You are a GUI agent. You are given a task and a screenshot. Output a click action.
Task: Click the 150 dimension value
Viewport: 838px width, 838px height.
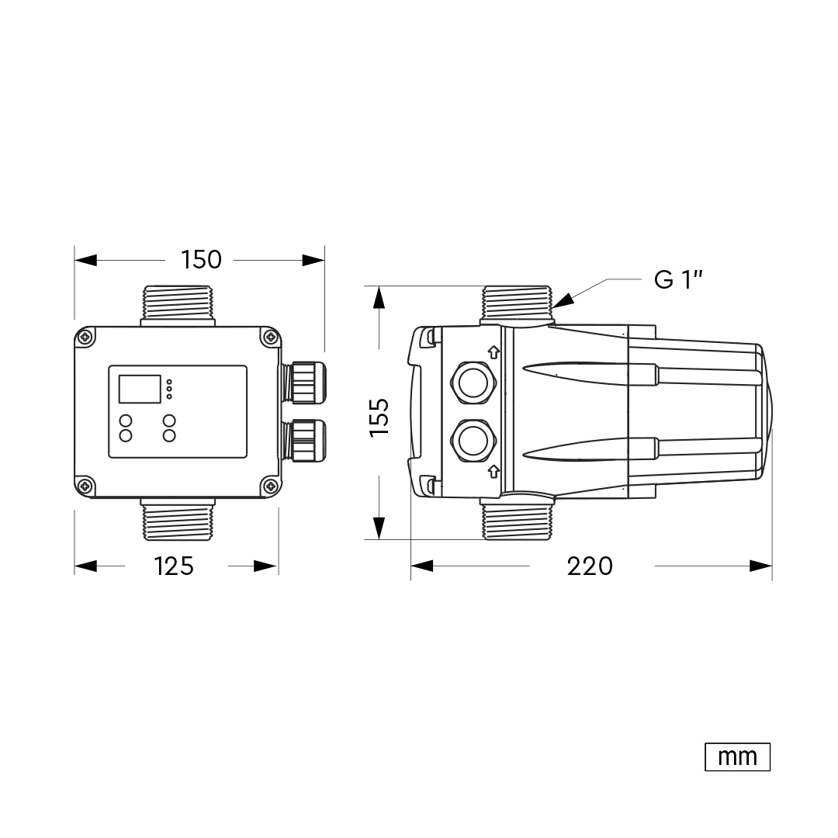coord(201,260)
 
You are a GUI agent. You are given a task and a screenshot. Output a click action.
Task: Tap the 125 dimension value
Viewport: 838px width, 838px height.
coord(174,566)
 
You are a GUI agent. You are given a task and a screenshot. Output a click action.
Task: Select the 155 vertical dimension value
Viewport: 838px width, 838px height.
coord(379,417)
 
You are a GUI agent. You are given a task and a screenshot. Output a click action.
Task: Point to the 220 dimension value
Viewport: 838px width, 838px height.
coord(590,566)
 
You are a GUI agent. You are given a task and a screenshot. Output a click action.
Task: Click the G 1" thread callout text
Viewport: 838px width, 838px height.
coord(678,279)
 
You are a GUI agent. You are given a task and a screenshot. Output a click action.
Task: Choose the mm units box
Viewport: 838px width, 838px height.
coord(738,757)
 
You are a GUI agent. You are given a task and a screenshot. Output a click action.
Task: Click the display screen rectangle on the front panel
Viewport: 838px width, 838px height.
coord(140,389)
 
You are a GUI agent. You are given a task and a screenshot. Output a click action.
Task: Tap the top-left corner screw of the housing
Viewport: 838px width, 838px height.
coord(85,338)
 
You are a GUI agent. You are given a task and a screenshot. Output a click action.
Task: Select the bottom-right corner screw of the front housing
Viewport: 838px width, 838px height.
coord(271,486)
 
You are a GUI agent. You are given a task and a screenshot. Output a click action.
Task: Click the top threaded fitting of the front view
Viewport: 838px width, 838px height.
coord(178,306)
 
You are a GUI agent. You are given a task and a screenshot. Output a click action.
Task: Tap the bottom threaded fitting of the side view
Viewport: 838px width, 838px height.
coord(517,519)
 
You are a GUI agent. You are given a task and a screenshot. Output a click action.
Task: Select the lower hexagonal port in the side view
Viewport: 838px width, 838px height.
coord(473,442)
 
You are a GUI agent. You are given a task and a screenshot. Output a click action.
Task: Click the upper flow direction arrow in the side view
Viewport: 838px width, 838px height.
coord(493,352)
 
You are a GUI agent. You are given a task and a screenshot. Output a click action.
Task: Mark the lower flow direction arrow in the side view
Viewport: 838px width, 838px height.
coord(493,472)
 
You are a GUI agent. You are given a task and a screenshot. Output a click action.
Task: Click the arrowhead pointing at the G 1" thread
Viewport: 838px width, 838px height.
coord(563,301)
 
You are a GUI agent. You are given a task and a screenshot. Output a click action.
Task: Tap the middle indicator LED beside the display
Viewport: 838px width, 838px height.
coord(169,389)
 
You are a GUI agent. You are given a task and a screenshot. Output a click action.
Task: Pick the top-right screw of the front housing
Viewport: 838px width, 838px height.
coord(271,338)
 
